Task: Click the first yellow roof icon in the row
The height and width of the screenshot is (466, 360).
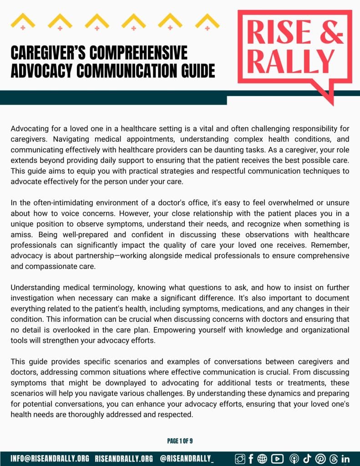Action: coord(23,21)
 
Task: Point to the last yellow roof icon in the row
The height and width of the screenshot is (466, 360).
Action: coord(207,21)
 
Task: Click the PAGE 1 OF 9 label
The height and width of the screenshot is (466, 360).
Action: coord(180,441)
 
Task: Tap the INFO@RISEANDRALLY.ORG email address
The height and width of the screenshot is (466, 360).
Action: coord(50,459)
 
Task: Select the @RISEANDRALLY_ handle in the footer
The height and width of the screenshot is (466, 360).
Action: coord(187,459)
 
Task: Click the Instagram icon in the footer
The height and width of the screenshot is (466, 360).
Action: coord(240,459)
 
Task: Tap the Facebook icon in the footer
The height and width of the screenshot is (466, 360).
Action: coord(251,459)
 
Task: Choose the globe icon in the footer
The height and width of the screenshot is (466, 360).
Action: coord(262,459)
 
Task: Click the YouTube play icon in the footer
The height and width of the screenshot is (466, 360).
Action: coord(277,459)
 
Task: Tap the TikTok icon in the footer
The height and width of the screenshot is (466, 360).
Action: coord(306,459)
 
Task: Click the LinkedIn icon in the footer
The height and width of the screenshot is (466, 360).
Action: coord(345,459)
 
